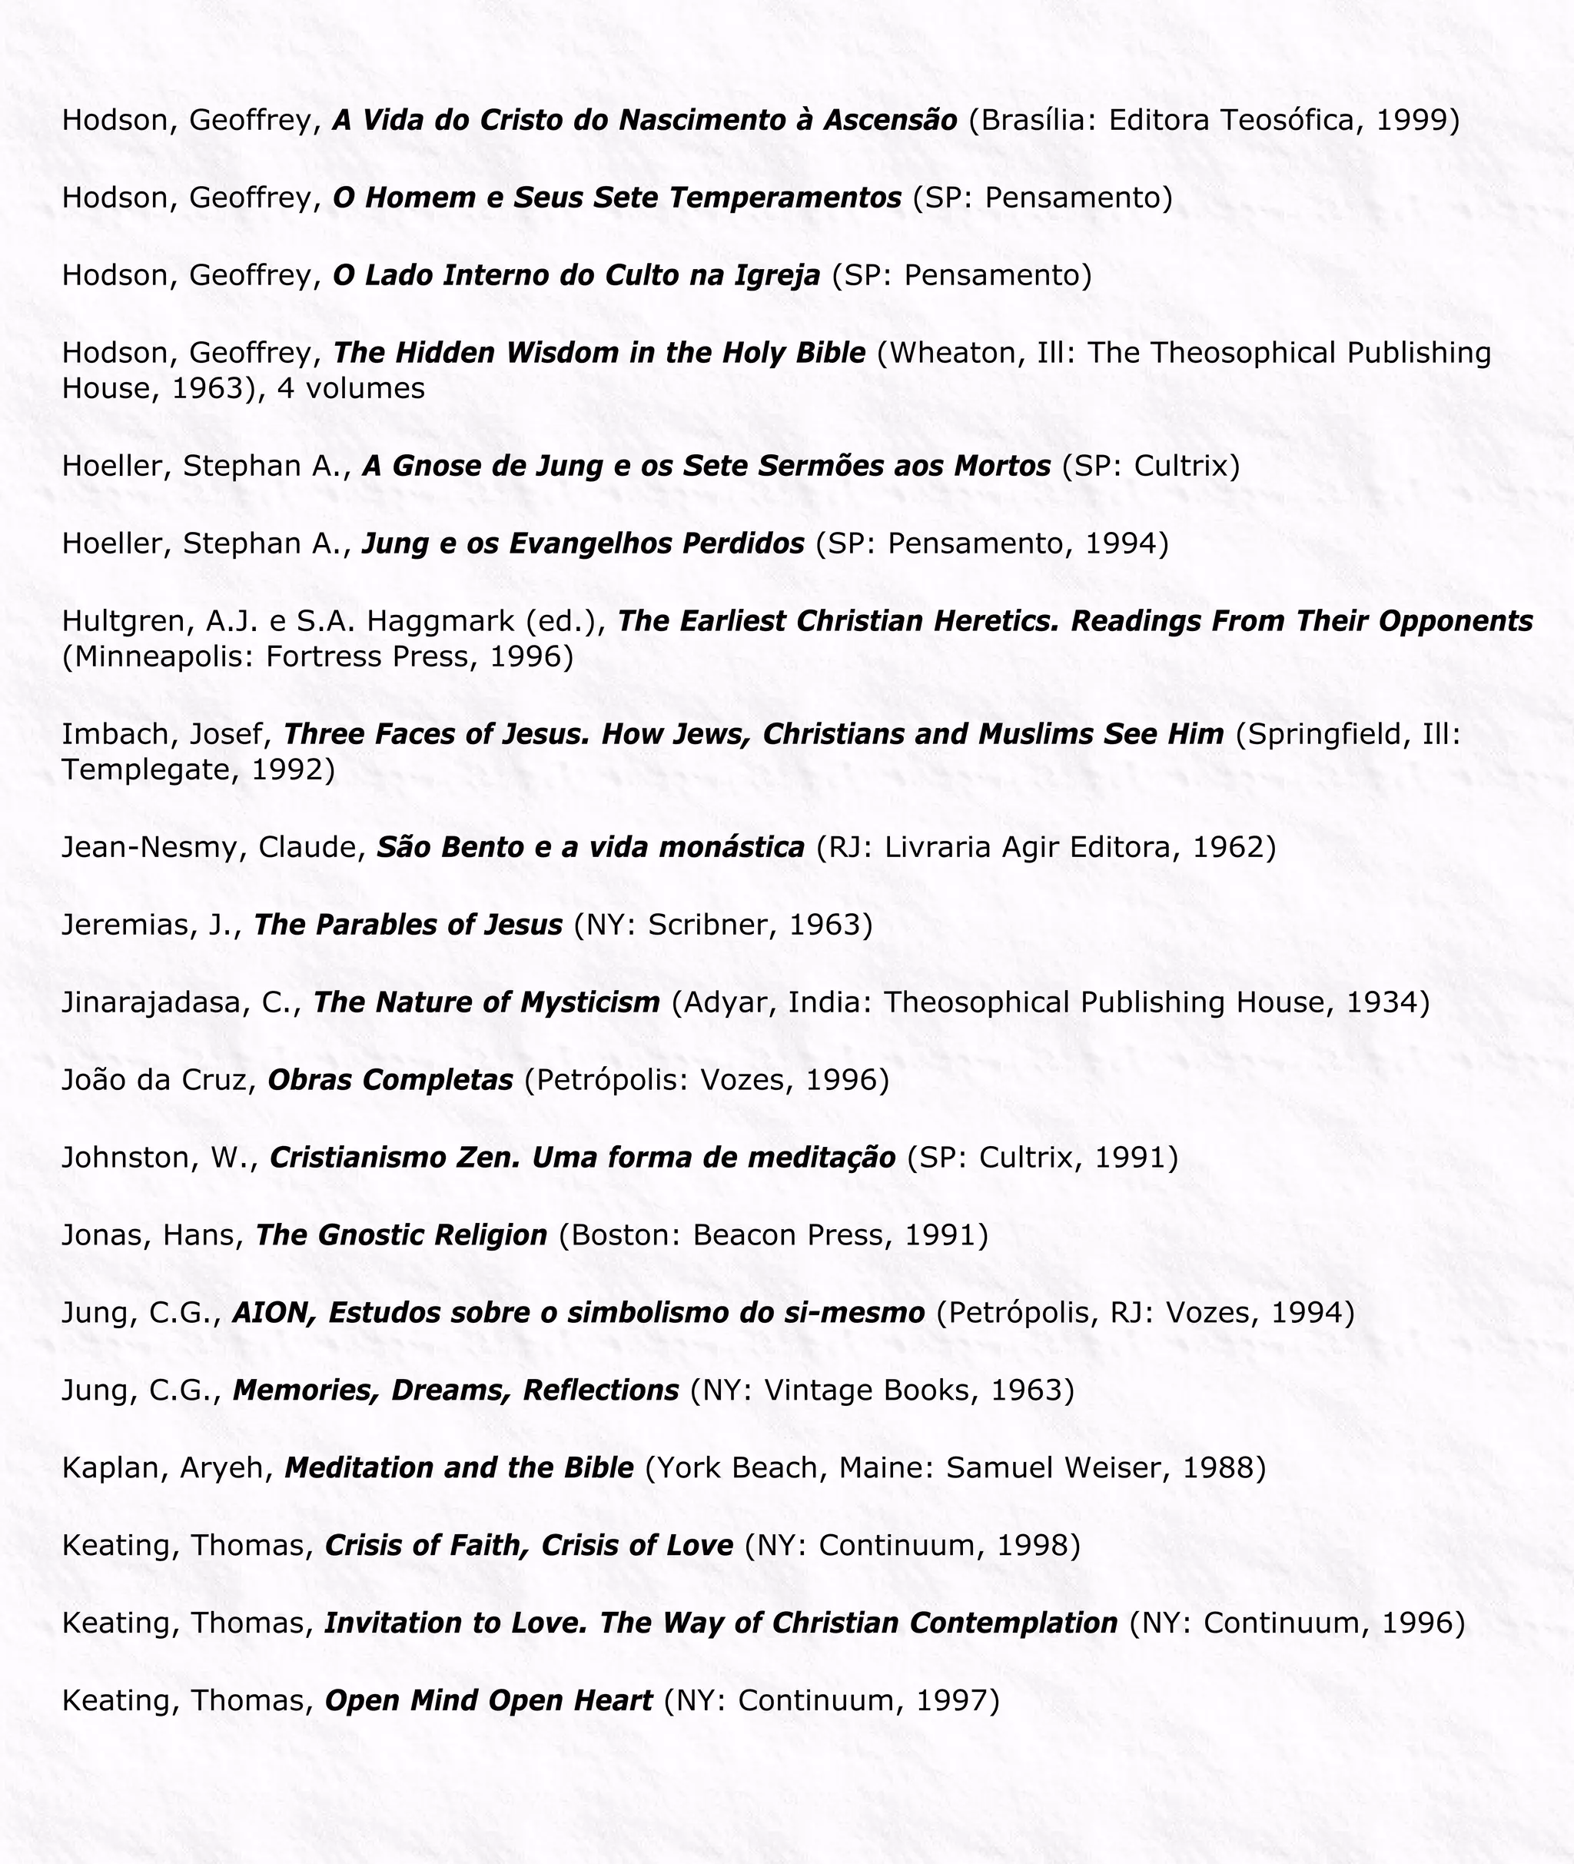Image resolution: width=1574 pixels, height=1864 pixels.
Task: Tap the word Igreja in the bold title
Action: tap(777, 275)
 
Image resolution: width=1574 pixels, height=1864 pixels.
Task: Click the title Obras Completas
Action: tap(390, 1080)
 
